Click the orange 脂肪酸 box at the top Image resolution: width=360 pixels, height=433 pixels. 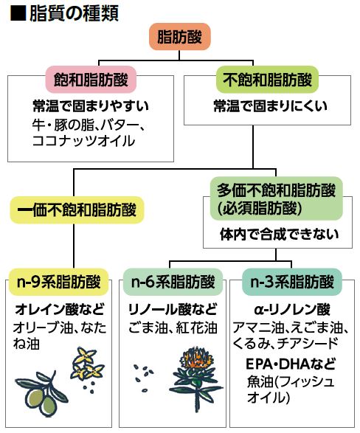(x=180, y=37)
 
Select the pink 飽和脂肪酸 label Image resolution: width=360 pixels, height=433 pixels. (x=91, y=80)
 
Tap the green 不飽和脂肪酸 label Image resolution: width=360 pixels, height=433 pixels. (x=267, y=80)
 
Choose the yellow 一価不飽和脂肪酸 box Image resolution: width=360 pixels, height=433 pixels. (x=77, y=210)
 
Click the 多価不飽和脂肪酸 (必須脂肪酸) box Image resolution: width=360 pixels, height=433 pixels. (x=277, y=198)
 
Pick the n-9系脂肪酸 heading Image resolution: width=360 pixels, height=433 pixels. (x=58, y=282)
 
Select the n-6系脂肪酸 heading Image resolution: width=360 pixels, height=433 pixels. (x=173, y=282)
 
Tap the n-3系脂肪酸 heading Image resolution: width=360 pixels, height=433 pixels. (x=292, y=282)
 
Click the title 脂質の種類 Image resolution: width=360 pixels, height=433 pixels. (x=74, y=13)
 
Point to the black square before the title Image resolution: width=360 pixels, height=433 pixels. (x=18, y=13)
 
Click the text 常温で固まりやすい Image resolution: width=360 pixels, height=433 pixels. (x=91, y=106)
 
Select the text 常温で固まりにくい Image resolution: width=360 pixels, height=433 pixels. (x=271, y=106)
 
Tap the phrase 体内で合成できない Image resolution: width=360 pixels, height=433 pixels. (x=279, y=234)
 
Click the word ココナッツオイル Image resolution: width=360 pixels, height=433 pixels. (x=83, y=141)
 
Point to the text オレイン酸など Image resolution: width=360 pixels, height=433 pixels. (x=60, y=309)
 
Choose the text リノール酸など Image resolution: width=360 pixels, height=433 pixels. (x=173, y=309)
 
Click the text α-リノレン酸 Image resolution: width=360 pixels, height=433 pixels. (x=292, y=310)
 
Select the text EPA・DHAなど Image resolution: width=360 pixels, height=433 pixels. (x=291, y=364)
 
